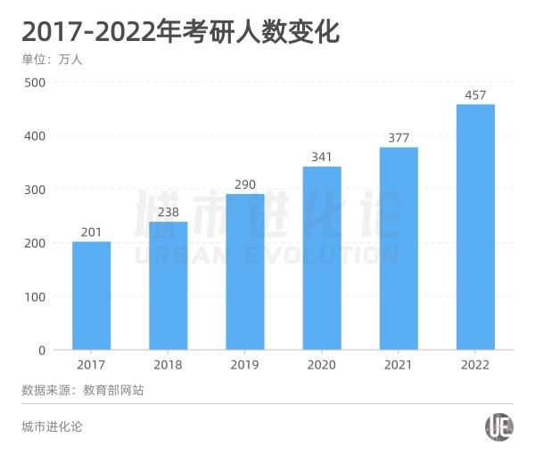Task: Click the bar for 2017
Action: (91, 296)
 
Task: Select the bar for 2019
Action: (244, 272)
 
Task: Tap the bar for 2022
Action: (475, 227)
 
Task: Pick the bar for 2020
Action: (321, 258)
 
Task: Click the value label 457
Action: (475, 94)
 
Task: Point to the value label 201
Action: (91, 231)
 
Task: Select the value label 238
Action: (168, 212)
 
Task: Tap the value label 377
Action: (399, 137)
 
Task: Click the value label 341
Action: (321, 157)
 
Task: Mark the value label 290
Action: (244, 184)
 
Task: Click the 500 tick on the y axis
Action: (35, 82)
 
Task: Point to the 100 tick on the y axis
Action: (35, 296)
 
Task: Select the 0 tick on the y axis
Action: (41, 350)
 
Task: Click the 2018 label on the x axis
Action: (168, 365)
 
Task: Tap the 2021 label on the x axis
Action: (399, 365)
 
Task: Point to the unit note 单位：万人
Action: (53, 60)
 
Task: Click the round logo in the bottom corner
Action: (498, 427)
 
